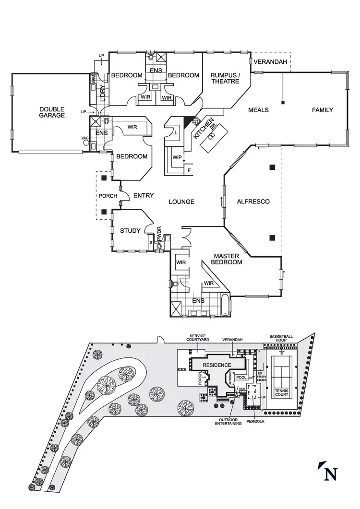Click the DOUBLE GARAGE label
(x=52, y=112)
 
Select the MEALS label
(x=258, y=110)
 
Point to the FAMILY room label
(x=323, y=110)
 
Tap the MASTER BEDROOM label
(x=228, y=259)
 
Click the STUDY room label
(x=130, y=231)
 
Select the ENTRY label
(x=144, y=195)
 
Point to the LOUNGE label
(x=181, y=202)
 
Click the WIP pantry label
(x=176, y=157)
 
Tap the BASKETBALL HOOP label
(x=281, y=339)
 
